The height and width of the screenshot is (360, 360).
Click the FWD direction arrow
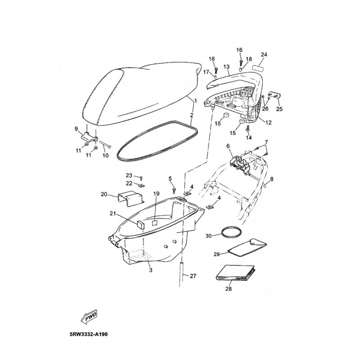coord(89,318)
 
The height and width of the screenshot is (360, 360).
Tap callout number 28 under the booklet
coord(229,288)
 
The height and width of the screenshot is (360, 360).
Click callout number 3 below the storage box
coord(151,270)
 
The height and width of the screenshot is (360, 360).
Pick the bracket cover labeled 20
coord(130,198)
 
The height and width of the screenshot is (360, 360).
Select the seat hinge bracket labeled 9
coord(90,137)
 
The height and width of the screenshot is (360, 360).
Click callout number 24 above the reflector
coord(264,54)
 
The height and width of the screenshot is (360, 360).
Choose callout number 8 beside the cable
coord(272,179)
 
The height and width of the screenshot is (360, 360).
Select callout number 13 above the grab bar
coord(226,67)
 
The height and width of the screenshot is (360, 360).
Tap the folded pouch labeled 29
coord(247,247)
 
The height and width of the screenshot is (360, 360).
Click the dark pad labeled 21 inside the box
coord(141,224)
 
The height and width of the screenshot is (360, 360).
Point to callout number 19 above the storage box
coord(156,194)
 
